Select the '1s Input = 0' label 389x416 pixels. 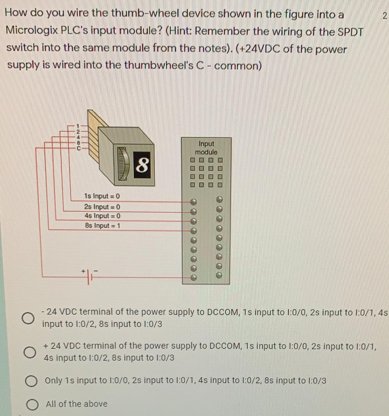point(102,197)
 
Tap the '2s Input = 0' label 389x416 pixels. point(102,206)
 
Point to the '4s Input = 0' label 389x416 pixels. point(102,216)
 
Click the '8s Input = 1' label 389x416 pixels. point(102,225)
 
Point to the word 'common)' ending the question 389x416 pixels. point(237,66)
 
